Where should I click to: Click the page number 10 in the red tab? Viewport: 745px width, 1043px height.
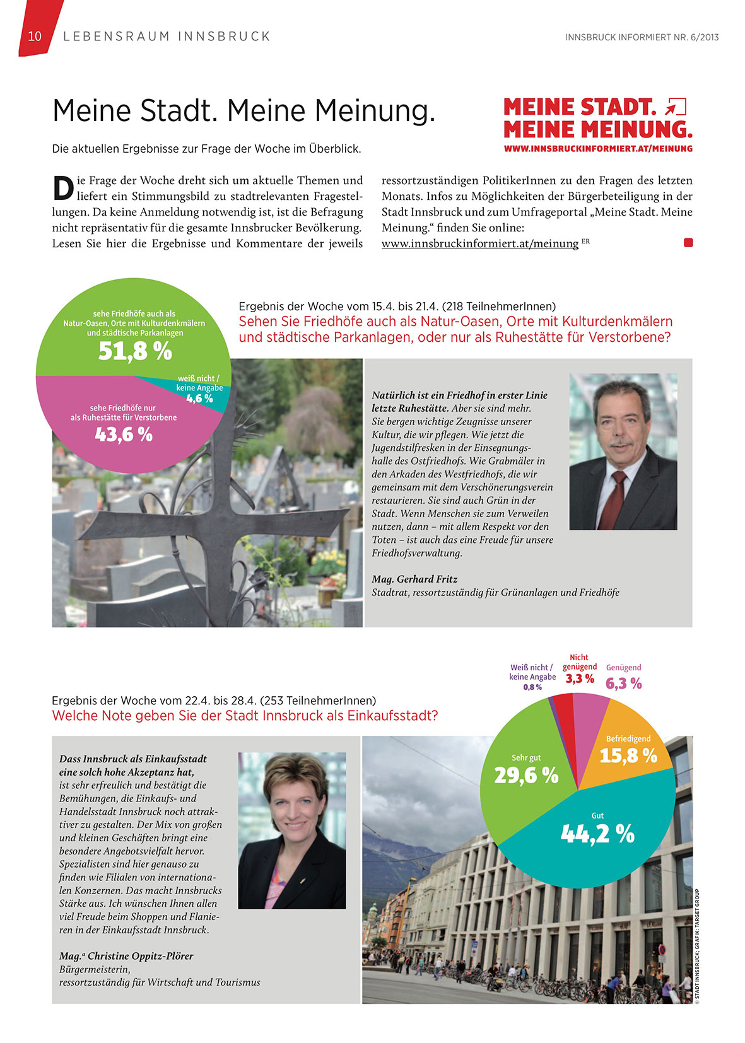point(35,37)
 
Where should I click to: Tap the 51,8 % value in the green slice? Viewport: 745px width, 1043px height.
point(135,351)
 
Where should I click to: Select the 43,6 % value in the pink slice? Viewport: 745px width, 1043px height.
point(124,434)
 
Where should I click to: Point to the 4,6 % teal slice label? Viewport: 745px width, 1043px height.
point(199,399)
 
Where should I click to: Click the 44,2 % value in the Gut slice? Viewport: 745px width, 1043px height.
point(597,834)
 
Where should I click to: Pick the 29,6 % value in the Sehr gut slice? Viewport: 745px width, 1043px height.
point(526,775)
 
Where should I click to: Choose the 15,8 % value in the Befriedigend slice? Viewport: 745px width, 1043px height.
point(628,755)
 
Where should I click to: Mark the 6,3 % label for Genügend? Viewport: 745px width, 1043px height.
point(624,684)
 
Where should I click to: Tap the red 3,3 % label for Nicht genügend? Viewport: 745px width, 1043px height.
point(580,679)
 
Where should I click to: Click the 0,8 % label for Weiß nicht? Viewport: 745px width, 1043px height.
point(532,687)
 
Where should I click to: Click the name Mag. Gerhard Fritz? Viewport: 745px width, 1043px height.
point(414,579)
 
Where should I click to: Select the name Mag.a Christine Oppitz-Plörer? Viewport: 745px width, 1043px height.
point(126,956)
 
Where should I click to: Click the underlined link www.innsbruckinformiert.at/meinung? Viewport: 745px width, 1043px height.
point(479,243)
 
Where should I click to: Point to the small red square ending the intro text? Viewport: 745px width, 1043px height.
point(688,242)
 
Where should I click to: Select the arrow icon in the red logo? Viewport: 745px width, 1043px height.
point(676,107)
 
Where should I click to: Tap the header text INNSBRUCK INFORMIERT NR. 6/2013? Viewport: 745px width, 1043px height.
point(642,37)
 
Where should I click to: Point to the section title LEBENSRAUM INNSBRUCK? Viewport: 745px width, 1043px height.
point(167,37)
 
